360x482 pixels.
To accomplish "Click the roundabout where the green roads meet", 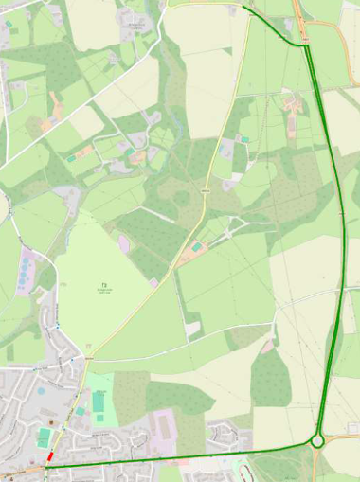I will [318, 439].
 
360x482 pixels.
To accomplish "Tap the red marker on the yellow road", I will [50, 456].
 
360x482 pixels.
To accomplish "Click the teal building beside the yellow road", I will [196, 247].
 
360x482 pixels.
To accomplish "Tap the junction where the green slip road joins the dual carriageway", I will [307, 45].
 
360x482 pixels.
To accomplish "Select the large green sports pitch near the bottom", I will [99, 402].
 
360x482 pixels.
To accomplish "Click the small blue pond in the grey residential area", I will [41, 389].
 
